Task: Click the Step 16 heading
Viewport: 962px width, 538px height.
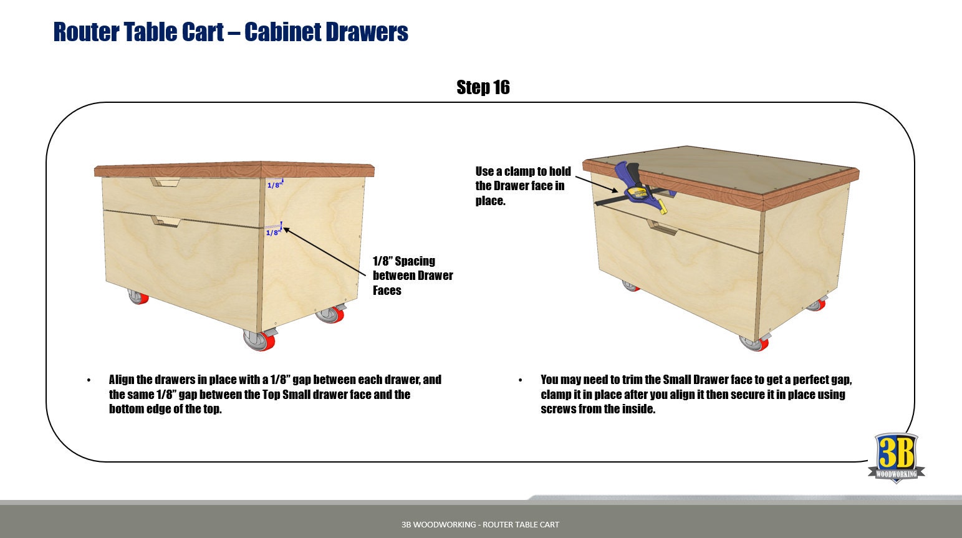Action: click(x=483, y=87)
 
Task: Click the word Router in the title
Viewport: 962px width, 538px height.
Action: click(x=85, y=32)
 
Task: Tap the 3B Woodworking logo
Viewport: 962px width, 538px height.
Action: click(x=896, y=457)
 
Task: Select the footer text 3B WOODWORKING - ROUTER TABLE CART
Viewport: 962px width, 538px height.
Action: click(x=480, y=524)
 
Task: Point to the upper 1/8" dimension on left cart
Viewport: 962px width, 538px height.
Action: click(x=274, y=185)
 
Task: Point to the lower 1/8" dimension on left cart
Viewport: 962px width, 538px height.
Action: click(x=273, y=232)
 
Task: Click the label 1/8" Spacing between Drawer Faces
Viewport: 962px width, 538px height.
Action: click(x=412, y=276)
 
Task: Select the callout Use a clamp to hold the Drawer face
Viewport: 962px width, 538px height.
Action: click(x=522, y=186)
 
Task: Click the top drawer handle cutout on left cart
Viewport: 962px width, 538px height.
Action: click(x=165, y=182)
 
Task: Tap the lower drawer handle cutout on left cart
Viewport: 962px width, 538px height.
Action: click(x=166, y=221)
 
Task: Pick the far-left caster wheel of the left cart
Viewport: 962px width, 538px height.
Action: click(x=138, y=296)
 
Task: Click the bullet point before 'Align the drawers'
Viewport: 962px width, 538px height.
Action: click(x=89, y=380)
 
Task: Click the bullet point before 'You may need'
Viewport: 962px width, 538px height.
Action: click(x=521, y=380)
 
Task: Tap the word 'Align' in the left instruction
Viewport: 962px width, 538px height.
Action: click(x=122, y=380)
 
